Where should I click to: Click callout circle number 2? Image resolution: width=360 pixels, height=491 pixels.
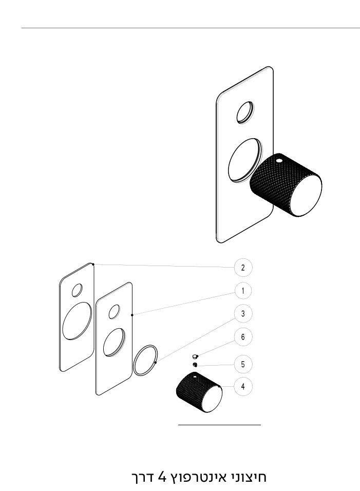click(x=243, y=268)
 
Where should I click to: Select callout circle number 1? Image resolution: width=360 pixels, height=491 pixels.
click(x=243, y=291)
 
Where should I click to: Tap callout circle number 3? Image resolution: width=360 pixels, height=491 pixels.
click(x=243, y=314)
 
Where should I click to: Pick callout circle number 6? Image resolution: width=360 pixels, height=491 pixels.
click(x=243, y=337)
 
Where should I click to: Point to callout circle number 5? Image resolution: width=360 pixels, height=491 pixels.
click(x=243, y=364)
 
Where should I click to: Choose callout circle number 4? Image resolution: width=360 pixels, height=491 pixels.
click(x=243, y=386)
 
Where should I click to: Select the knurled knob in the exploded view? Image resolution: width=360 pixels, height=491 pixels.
click(x=199, y=392)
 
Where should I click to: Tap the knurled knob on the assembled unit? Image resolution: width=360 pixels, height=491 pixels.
click(x=286, y=185)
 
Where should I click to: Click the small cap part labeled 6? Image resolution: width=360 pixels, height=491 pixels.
click(x=195, y=356)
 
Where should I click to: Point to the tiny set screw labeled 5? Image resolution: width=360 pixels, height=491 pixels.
click(x=195, y=364)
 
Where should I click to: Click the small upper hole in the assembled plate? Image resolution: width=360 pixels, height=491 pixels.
click(x=245, y=112)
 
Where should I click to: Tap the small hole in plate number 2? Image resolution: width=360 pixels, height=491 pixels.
click(x=77, y=290)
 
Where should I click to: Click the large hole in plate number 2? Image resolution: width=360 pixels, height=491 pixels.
click(x=77, y=320)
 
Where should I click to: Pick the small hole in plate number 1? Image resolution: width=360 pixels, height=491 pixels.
click(x=114, y=312)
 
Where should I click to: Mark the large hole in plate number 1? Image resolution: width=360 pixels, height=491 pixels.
click(x=114, y=342)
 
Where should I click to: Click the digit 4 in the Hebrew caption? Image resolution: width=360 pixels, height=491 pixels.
click(x=161, y=477)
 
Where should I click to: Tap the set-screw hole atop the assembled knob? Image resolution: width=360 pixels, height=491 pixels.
click(x=279, y=161)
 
